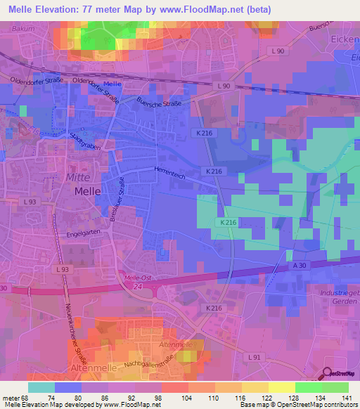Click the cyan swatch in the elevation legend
point(41,387)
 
